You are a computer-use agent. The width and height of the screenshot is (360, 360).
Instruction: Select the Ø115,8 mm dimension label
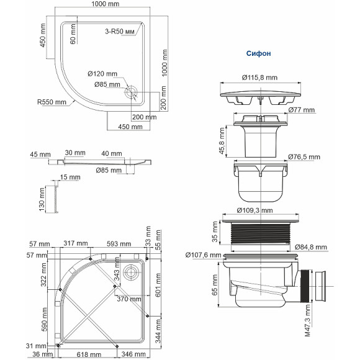(x=259, y=78)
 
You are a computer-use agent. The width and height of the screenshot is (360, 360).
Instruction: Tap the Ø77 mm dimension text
(x=302, y=110)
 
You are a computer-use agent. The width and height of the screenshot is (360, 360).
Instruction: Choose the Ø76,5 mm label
(x=306, y=156)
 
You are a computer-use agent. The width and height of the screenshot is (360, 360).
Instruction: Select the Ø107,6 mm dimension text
(x=204, y=254)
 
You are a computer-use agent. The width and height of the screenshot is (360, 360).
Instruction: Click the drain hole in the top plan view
(x=132, y=92)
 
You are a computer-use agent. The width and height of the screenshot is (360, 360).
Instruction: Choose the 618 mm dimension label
(x=93, y=354)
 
